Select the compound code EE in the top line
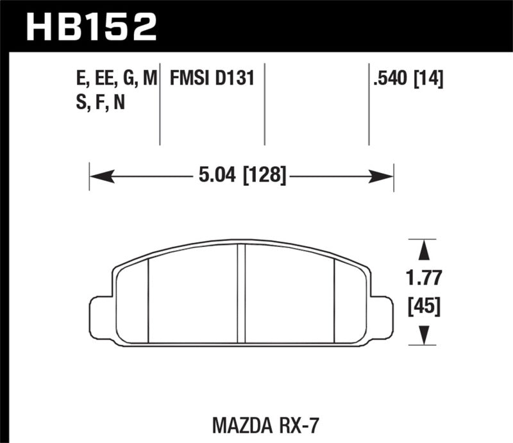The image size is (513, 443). coord(102,79)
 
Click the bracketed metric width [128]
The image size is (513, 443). coord(263,174)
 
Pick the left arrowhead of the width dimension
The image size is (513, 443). coord(97,174)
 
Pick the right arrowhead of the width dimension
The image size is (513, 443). coord(385,174)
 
